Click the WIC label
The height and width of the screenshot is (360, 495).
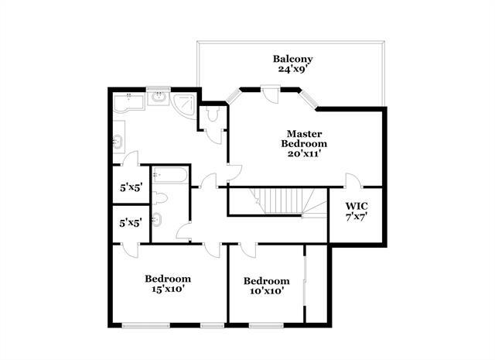(357, 206)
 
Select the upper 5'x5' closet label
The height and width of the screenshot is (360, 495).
(128, 188)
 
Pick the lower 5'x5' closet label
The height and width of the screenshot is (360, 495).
(128, 223)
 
